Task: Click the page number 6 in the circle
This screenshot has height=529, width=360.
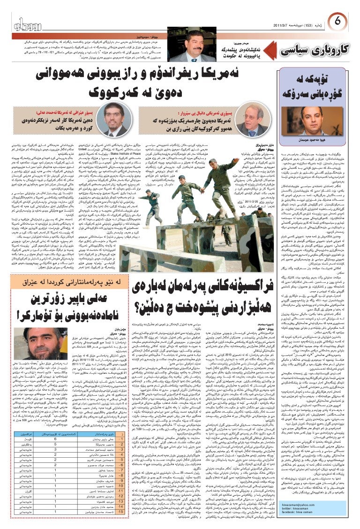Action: [341, 22]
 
